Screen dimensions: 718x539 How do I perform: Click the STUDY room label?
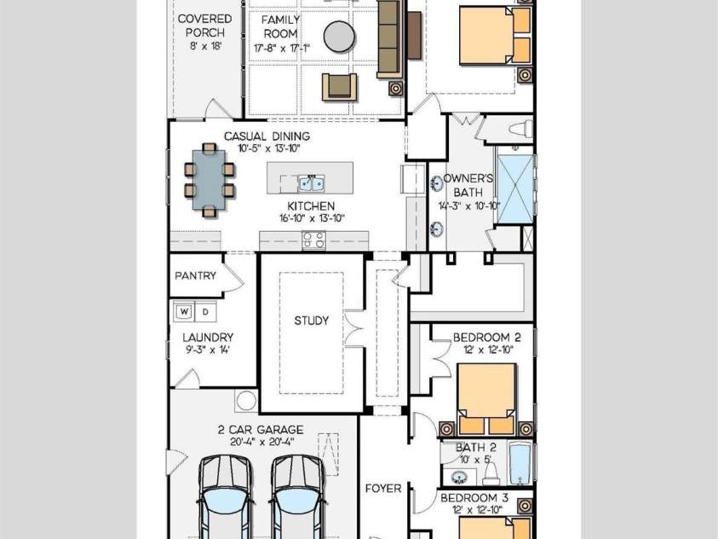point(312,321)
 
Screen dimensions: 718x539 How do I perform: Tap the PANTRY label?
point(196,275)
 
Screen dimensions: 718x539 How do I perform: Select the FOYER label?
point(383,489)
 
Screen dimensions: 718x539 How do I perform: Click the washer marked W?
point(184,311)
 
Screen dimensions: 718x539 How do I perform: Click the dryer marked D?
point(205,311)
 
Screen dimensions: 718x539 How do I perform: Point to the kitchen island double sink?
point(312,183)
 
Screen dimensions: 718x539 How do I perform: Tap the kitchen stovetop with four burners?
point(314,241)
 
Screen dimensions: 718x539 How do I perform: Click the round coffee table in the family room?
point(339,37)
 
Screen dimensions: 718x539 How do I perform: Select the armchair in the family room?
point(339,87)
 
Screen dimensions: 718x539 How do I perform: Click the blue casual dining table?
point(209,180)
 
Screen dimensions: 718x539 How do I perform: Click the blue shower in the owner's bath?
point(515,188)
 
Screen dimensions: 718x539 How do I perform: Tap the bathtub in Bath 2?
point(520,463)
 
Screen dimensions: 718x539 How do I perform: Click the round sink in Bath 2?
point(458,478)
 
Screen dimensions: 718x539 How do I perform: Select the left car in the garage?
point(226,497)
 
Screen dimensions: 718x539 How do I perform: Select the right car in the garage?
point(298,497)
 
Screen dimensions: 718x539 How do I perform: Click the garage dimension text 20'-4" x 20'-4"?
point(262,442)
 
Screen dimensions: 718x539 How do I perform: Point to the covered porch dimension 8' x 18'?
point(205,46)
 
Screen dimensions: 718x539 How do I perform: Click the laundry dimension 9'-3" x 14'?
point(208,351)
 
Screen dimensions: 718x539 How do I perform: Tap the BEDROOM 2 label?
point(486,338)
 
